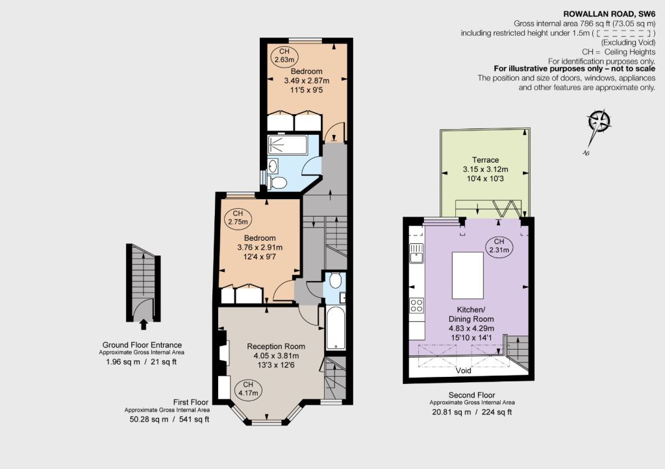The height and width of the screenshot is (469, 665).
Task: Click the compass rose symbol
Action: pyautogui.click(x=599, y=121)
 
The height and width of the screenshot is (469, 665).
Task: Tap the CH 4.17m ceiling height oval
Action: pyautogui.click(x=248, y=389)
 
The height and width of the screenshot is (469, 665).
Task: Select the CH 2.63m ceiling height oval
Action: pyautogui.click(x=284, y=56)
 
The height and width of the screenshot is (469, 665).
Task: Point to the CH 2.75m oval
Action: pyautogui.click(x=238, y=218)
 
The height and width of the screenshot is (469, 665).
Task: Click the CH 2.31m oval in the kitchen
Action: pyautogui.click(x=499, y=246)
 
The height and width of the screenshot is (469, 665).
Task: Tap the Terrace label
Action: pyautogui.click(x=486, y=160)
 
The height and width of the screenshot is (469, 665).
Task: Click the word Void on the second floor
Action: pyautogui.click(x=463, y=370)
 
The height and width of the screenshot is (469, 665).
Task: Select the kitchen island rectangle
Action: pyautogui.click(x=468, y=276)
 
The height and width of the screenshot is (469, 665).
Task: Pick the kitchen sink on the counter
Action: pyautogui.click(x=417, y=253)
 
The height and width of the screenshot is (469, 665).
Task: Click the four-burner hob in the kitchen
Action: pyautogui.click(x=416, y=306)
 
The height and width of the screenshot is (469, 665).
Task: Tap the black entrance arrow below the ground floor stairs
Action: pyautogui.click(x=144, y=324)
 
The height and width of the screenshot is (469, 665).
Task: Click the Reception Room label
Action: pyautogui.click(x=276, y=346)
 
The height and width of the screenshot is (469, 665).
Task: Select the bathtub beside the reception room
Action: pyautogui.click(x=336, y=328)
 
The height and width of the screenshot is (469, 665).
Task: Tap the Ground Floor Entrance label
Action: pyautogui.click(x=142, y=345)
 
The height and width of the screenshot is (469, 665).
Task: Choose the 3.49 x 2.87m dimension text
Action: pyautogui.click(x=307, y=80)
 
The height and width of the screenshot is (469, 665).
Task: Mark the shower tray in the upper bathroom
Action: pyautogui.click(x=288, y=145)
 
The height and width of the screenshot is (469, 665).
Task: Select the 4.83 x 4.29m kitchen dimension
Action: pyautogui.click(x=471, y=328)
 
